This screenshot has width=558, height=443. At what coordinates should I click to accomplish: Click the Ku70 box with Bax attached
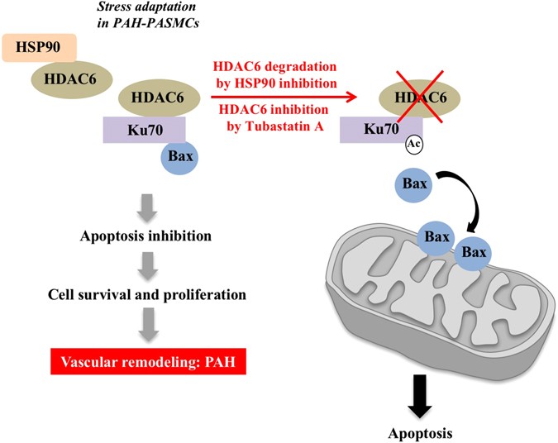pyautogui.click(x=141, y=130)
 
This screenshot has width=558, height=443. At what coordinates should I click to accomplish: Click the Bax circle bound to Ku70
pyautogui.click(x=174, y=155)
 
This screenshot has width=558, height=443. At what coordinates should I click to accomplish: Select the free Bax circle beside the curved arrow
pyautogui.click(x=416, y=183)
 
